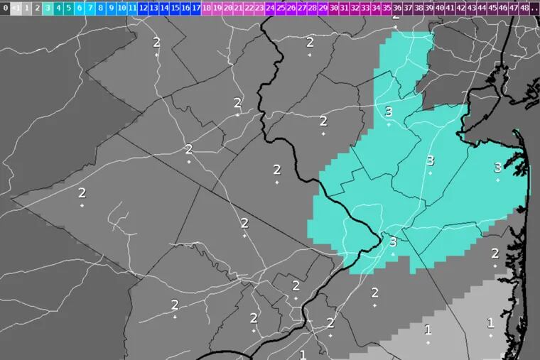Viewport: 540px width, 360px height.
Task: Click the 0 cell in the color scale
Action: pyautogui.click(x=6, y=9)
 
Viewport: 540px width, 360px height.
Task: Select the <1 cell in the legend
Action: pyautogui.click(x=16, y=9)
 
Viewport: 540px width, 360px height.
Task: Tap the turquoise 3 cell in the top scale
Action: pyautogui.click(x=48, y=9)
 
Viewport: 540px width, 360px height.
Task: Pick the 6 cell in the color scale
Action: pyautogui.click(x=80, y=9)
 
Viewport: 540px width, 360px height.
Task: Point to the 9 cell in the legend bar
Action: pyautogui.click(x=112, y=9)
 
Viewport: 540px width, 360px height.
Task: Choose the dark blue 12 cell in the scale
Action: pyautogui.click(x=144, y=9)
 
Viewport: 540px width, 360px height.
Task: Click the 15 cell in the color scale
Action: pyautogui.click(x=175, y=9)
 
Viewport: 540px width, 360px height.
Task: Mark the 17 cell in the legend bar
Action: pyautogui.click(x=196, y=9)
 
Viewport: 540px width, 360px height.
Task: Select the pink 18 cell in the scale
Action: pyautogui.click(x=207, y=9)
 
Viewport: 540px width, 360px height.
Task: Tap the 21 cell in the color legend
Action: pyautogui.click(x=238, y=9)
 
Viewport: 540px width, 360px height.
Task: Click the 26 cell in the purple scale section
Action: pyautogui.click(x=291, y=9)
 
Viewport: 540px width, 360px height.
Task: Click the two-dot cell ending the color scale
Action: pyautogui.click(x=534, y=9)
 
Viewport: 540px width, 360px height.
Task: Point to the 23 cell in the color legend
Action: pyautogui.click(x=259, y=9)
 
